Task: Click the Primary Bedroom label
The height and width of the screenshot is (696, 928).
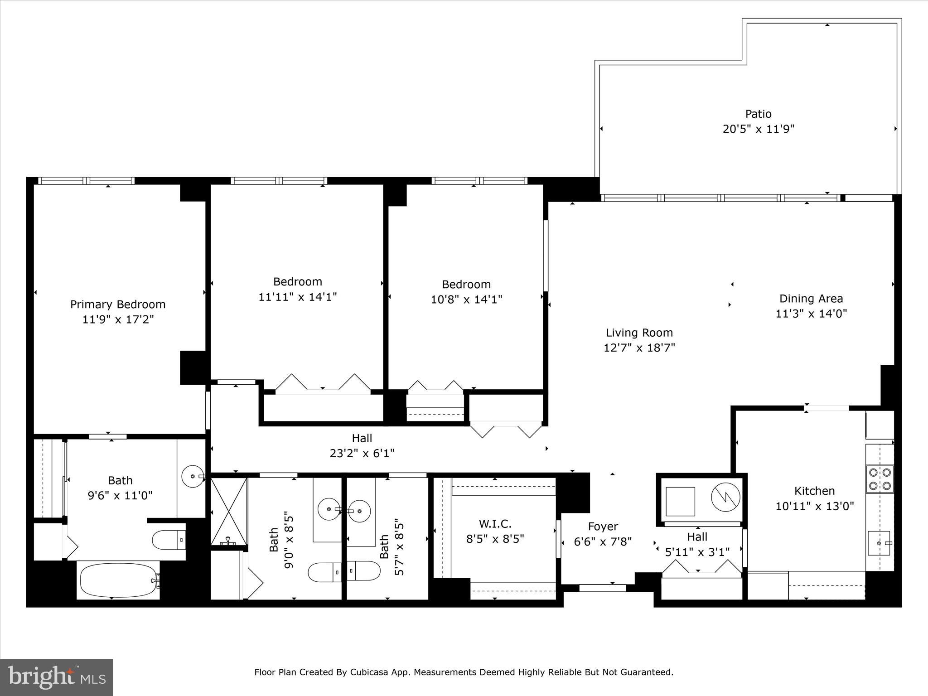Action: point(118,304)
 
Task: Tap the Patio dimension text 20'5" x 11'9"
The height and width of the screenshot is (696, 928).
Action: point(758,129)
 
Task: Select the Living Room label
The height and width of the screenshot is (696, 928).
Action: point(639,333)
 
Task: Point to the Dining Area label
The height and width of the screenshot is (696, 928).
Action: point(811,299)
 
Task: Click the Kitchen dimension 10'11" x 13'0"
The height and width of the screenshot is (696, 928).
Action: point(814,506)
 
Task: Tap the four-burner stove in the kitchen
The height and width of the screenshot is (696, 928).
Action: point(880,479)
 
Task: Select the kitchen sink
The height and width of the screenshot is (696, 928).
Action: point(879,543)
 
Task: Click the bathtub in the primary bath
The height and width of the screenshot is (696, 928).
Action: point(119,580)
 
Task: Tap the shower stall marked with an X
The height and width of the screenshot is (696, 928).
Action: point(229,511)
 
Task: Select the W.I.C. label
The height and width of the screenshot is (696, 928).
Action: point(495,524)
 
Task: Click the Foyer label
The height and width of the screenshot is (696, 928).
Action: point(603,527)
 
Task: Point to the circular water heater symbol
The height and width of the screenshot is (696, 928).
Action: point(725,498)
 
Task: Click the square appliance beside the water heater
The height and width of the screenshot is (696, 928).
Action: point(680,501)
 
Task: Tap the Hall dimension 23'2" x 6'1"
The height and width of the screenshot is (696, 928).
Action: point(362,453)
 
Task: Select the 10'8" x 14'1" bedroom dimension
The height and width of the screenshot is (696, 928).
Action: point(466,300)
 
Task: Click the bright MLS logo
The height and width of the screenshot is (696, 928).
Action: point(57,677)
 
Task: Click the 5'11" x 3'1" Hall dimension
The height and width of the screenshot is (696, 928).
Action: point(697,552)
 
